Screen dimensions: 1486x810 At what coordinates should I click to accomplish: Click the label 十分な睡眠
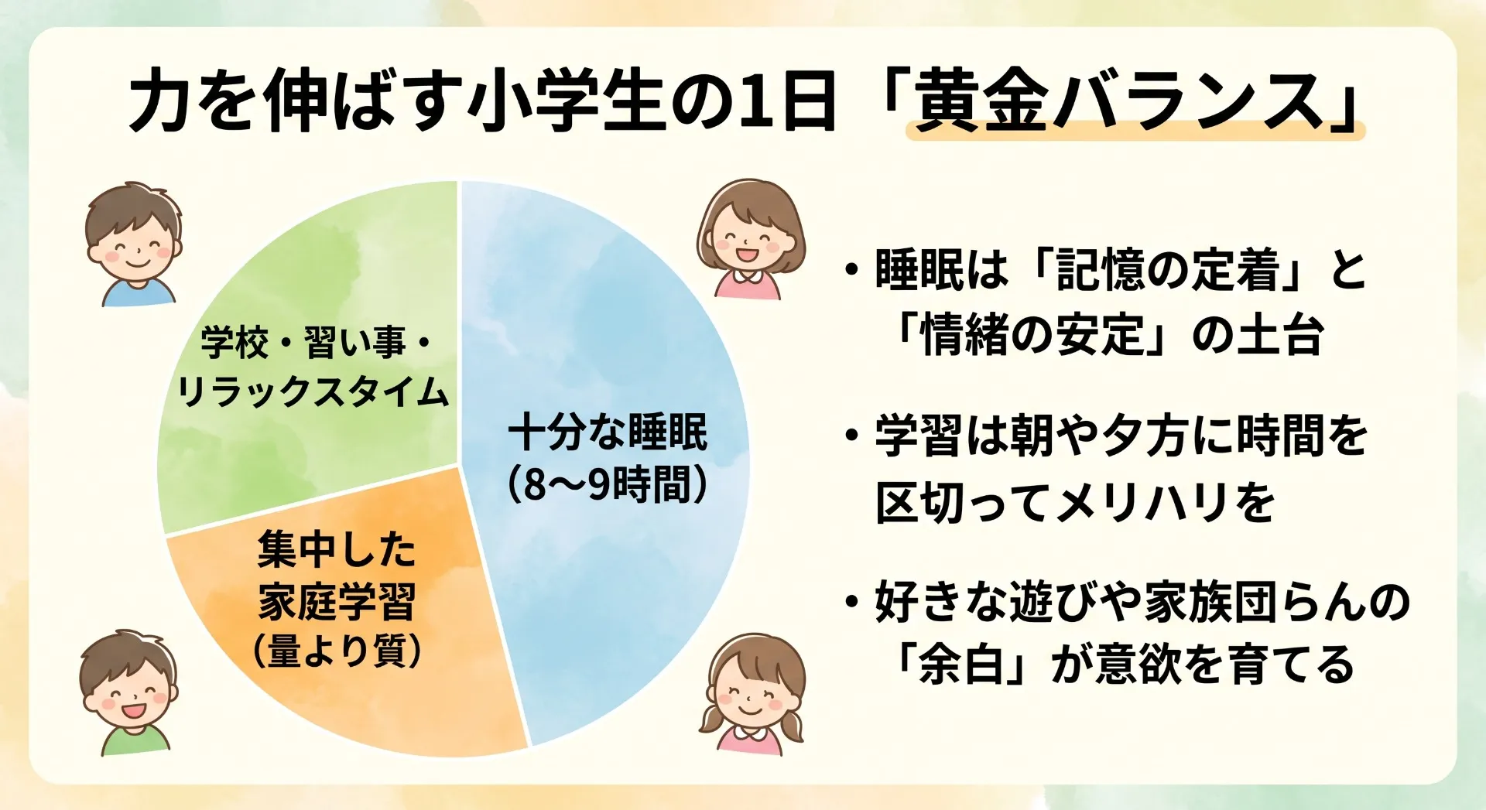pos(608,432)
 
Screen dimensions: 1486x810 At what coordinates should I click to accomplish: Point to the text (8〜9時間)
pos(608,485)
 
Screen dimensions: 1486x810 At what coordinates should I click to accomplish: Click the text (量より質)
pos(337,651)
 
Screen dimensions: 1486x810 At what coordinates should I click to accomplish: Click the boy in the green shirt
pos(129,692)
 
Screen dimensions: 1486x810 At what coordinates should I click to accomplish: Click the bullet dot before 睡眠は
pos(851,270)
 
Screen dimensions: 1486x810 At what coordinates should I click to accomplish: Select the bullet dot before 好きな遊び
pos(851,601)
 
